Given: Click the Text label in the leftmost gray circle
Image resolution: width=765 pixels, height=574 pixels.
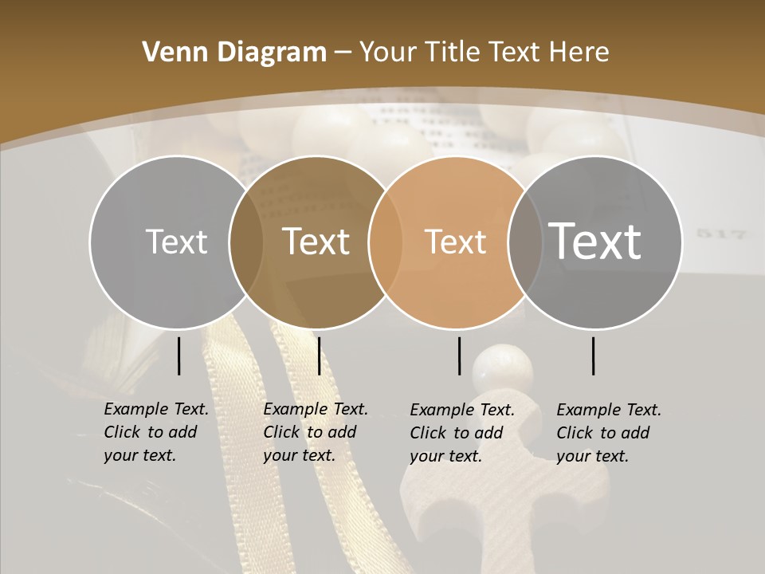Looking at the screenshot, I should [176, 242].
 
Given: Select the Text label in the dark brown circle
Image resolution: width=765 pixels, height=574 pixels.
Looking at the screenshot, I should [316, 242].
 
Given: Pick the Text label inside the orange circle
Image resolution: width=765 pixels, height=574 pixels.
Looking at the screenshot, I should [455, 242].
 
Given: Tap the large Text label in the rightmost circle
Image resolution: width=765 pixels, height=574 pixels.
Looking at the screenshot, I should [594, 241].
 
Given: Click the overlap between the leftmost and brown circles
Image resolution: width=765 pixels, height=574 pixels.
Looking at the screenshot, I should [246, 242].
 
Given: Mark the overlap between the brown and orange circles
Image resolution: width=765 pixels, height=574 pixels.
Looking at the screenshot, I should [386, 242].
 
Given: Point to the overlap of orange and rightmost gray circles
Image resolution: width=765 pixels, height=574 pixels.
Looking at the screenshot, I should [525, 242].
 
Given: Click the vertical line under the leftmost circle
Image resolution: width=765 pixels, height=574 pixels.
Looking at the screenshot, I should [179, 356].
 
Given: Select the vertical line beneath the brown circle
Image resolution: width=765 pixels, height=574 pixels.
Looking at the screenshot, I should [319, 356].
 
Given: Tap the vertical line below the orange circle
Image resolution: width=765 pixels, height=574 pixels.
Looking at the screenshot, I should [459, 356].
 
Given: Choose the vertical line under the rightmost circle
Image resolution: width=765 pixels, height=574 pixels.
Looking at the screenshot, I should [594, 356].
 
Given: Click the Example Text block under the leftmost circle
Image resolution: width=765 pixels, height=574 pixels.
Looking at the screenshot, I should [155, 432].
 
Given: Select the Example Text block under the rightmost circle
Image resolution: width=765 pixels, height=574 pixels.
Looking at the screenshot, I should [608, 433].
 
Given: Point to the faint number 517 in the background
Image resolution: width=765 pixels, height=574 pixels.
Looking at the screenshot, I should [721, 234].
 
